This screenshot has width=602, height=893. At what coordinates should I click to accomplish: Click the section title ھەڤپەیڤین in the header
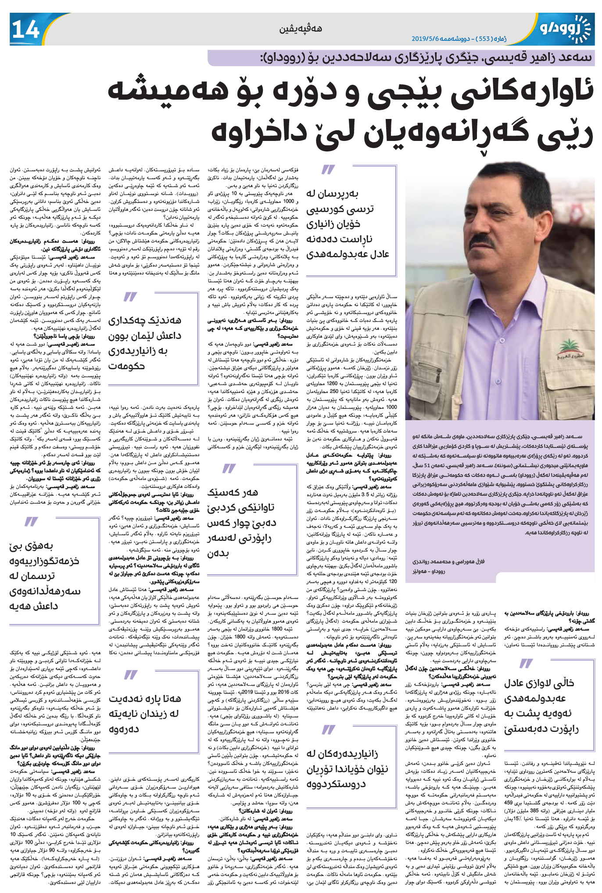tap(301, 29)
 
